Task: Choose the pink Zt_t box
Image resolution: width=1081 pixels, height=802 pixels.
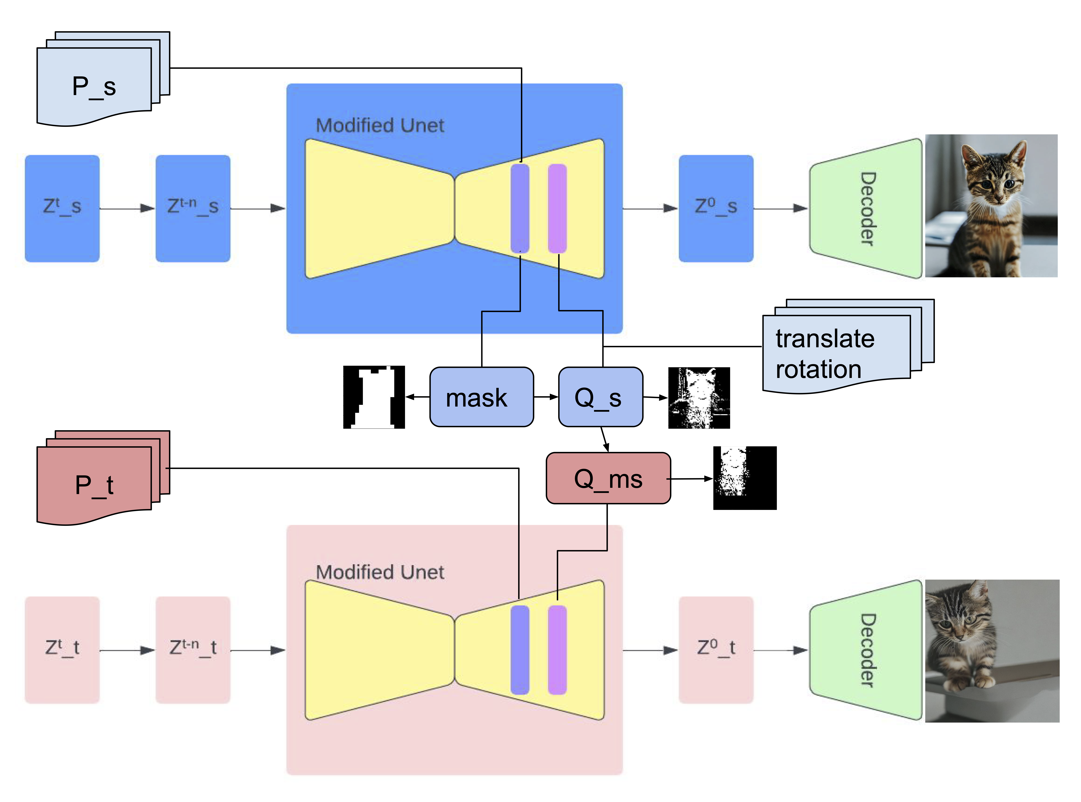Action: pos(62,650)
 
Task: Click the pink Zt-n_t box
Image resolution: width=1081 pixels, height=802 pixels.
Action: pos(193,650)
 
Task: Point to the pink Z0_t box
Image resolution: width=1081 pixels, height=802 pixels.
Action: pos(716,650)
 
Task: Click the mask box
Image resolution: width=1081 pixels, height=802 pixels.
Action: pos(481,397)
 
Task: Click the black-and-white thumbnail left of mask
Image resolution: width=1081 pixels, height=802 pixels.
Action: pos(374,397)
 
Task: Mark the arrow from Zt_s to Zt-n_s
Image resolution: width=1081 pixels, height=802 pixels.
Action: pos(127,209)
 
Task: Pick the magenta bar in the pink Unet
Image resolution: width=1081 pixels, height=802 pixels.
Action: pos(557,650)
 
